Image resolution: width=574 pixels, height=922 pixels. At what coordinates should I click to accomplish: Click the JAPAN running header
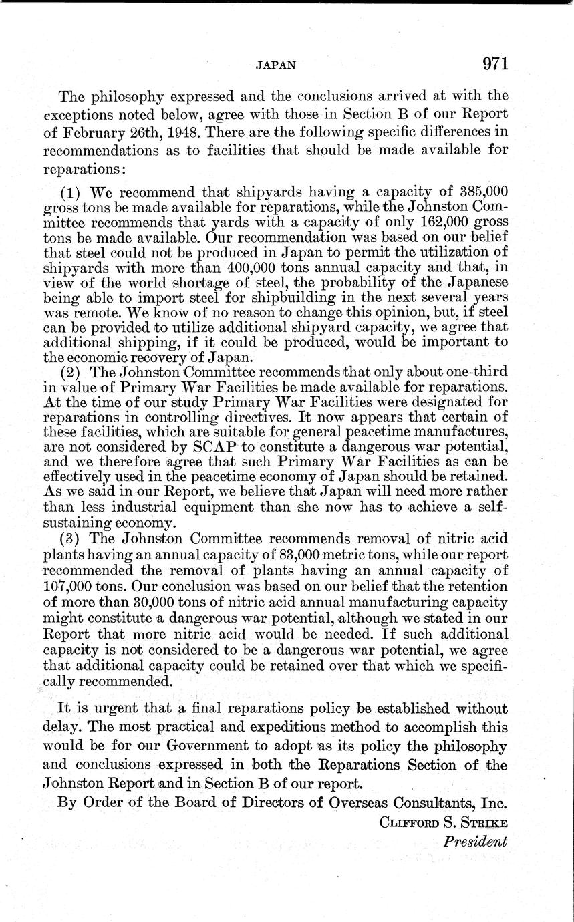pos(276,65)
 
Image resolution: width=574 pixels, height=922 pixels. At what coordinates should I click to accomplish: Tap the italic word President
pos(476,842)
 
